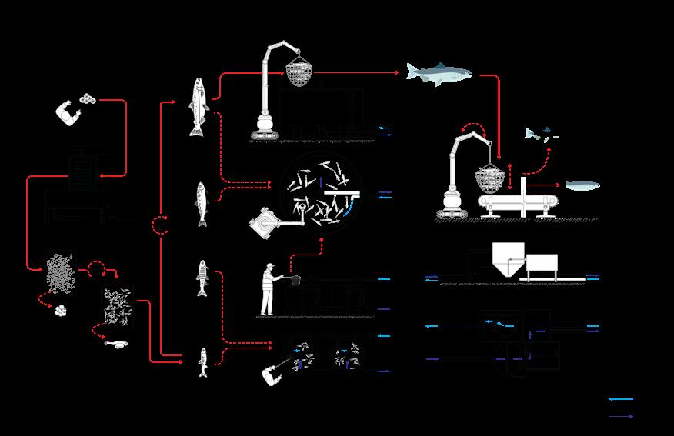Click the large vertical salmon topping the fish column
(x=199, y=105)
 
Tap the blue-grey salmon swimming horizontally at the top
(x=438, y=74)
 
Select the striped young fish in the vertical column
(x=203, y=278)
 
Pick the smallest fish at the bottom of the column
(x=203, y=363)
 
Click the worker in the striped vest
(x=268, y=289)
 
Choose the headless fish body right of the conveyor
(x=586, y=185)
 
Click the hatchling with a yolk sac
(x=118, y=344)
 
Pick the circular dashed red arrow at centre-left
(x=160, y=225)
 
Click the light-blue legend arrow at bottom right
(x=621, y=400)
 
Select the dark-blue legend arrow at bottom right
(x=621, y=416)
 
